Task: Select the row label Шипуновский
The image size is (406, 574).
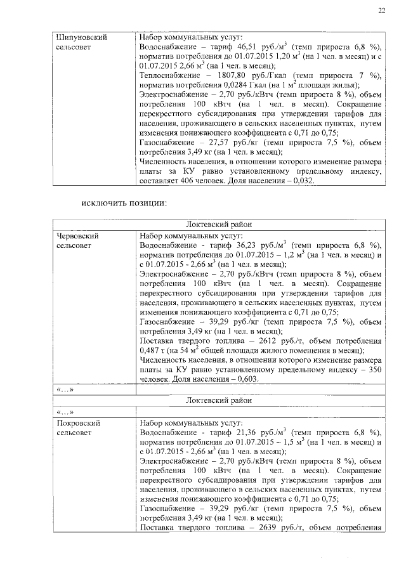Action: [x=81, y=37]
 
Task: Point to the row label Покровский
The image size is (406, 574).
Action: [x=79, y=421]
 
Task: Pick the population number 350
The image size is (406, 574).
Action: [x=375, y=369]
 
